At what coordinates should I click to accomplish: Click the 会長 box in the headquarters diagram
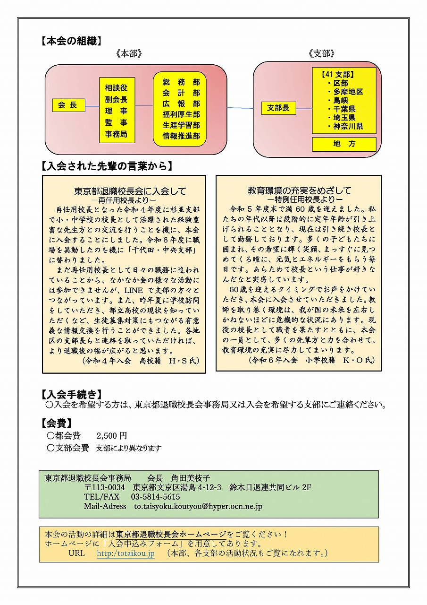click(68, 105)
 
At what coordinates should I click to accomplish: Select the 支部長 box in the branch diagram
click(278, 108)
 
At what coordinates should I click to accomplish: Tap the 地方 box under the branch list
click(344, 144)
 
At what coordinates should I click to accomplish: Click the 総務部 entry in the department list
click(181, 82)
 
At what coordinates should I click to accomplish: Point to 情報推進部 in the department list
click(181, 136)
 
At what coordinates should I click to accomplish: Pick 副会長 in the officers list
click(116, 99)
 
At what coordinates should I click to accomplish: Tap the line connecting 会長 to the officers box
click(92, 105)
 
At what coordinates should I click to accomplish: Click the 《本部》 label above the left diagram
click(128, 54)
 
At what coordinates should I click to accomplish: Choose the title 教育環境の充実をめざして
click(300, 190)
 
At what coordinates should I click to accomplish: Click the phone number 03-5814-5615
click(152, 497)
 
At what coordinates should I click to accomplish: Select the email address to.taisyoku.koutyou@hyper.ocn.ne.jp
click(198, 506)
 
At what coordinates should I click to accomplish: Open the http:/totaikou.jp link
click(126, 553)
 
